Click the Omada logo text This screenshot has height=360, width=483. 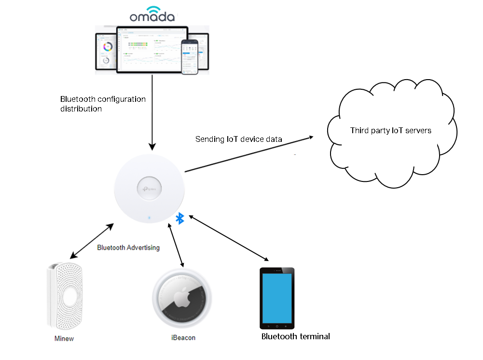[x=152, y=16]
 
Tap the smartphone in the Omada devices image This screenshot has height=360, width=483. [x=190, y=57]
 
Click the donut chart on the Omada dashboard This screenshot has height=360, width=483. [x=108, y=46]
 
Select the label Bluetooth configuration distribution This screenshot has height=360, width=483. [x=102, y=104]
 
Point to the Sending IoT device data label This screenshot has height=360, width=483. [x=238, y=139]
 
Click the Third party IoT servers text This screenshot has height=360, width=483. [x=390, y=130]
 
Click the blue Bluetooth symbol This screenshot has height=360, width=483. [x=180, y=218]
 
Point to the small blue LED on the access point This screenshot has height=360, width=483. [x=149, y=218]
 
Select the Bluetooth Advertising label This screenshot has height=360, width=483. [x=128, y=248]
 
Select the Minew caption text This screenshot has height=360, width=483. [x=64, y=338]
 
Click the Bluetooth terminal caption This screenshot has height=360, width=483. [x=295, y=336]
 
